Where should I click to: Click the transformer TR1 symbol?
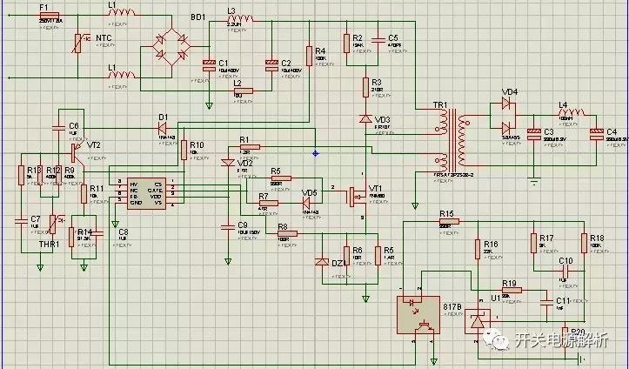point(452,136)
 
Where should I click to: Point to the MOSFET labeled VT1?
point(356,197)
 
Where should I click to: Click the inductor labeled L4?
point(572,113)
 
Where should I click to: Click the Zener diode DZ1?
point(321,261)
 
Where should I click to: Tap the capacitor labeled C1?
point(209,64)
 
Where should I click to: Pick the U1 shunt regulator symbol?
point(476,321)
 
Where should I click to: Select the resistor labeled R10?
point(184,150)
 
